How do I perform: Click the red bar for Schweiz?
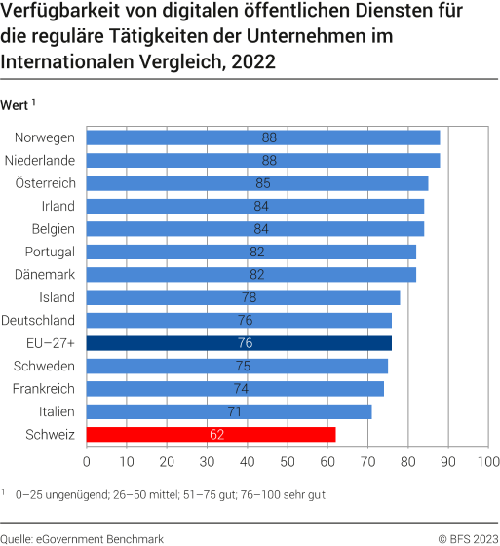point(211,435)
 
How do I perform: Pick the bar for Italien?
point(229,411)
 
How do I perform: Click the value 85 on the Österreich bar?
point(263,183)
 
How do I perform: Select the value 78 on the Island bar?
point(249,297)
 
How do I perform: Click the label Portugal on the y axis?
point(48,252)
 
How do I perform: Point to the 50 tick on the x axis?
point(288,461)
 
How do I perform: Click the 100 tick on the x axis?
point(488,461)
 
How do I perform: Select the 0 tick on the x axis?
point(87,461)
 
